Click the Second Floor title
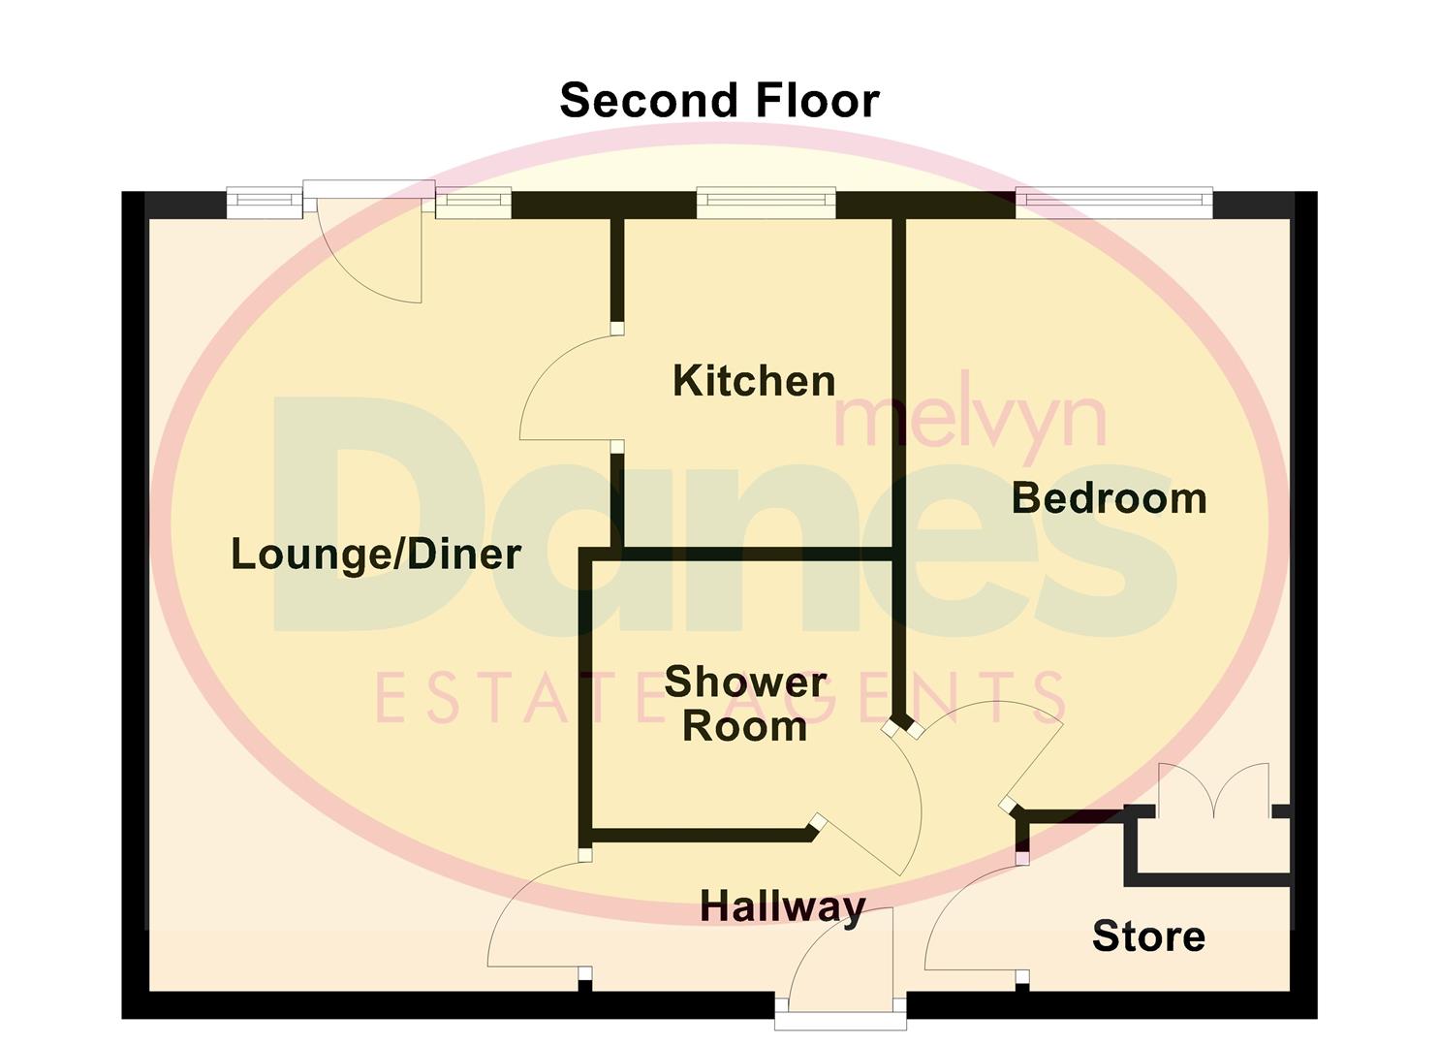pyautogui.click(x=719, y=101)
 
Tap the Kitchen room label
pyautogui.click(x=754, y=381)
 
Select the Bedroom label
pyautogui.click(x=1109, y=498)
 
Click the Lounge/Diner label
pyautogui.click(x=376, y=555)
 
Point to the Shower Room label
pyautogui.click(x=745, y=704)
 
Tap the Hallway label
pyautogui.click(x=782, y=907)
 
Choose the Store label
pyautogui.click(x=1148, y=936)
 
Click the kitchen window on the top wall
pyautogui.click(x=766, y=202)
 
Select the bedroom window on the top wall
pyautogui.click(x=1114, y=202)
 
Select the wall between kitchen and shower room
pyautogui.click(x=756, y=555)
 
